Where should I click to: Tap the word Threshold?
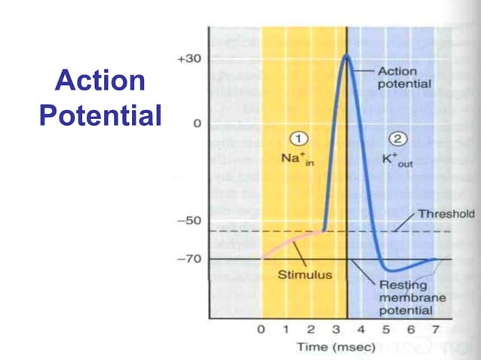coord(446,213)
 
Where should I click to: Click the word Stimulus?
coord(305,275)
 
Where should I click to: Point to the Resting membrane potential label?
coord(412,297)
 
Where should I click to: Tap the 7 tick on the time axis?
coord(435,329)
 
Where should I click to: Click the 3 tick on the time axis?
coord(335,329)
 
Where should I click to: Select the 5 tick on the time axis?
coord(385,329)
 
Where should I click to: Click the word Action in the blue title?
coord(100,81)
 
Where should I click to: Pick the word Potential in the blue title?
coord(100,115)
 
